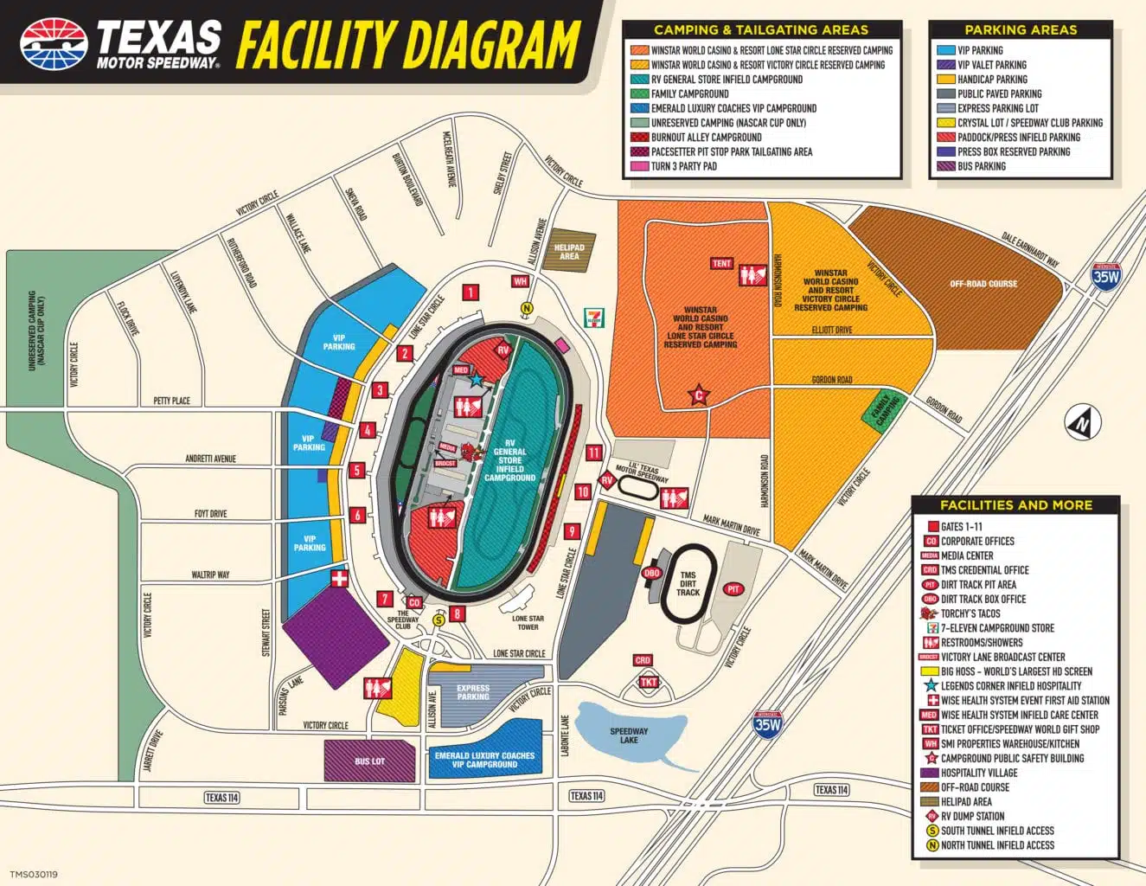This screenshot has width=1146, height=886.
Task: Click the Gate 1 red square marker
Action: (x=471, y=292)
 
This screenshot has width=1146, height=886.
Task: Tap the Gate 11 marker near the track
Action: (x=593, y=453)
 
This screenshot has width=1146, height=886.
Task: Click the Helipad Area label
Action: (x=569, y=252)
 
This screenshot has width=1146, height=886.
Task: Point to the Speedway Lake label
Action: (x=629, y=735)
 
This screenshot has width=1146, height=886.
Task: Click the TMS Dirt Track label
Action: (x=688, y=584)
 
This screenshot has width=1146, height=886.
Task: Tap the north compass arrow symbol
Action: (x=1082, y=423)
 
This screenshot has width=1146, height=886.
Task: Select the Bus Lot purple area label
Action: (x=369, y=761)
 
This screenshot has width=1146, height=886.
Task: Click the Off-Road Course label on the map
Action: (x=983, y=284)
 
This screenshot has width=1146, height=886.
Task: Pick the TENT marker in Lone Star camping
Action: (x=721, y=263)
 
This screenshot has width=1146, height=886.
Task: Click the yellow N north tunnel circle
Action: (x=526, y=308)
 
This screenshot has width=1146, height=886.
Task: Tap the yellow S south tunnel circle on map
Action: (x=439, y=619)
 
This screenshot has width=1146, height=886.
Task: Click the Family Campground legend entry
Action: (x=689, y=93)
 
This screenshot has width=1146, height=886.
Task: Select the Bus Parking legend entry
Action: (x=981, y=166)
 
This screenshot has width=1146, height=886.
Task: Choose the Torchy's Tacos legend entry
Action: (x=970, y=613)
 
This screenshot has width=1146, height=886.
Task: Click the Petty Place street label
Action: (x=171, y=401)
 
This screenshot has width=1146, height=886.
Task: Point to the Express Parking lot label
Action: (x=473, y=692)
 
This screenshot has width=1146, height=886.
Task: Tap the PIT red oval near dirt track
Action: (x=733, y=589)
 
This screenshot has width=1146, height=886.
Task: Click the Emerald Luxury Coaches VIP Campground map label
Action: (x=484, y=760)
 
